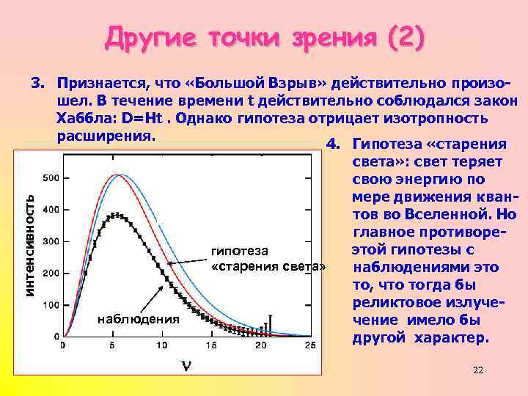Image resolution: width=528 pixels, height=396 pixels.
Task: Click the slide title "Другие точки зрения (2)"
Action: point(265,37)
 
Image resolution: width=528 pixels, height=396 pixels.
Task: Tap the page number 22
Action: point(478,370)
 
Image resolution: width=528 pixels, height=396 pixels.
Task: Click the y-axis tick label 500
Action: point(51,178)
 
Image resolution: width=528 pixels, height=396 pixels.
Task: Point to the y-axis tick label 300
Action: point(51,241)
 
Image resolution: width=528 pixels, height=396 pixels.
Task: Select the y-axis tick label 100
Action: point(51,304)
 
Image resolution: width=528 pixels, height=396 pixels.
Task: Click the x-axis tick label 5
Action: point(112,345)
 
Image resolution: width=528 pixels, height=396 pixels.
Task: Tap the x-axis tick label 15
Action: point(211,345)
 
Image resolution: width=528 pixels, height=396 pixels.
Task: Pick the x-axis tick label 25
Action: point(310,345)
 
